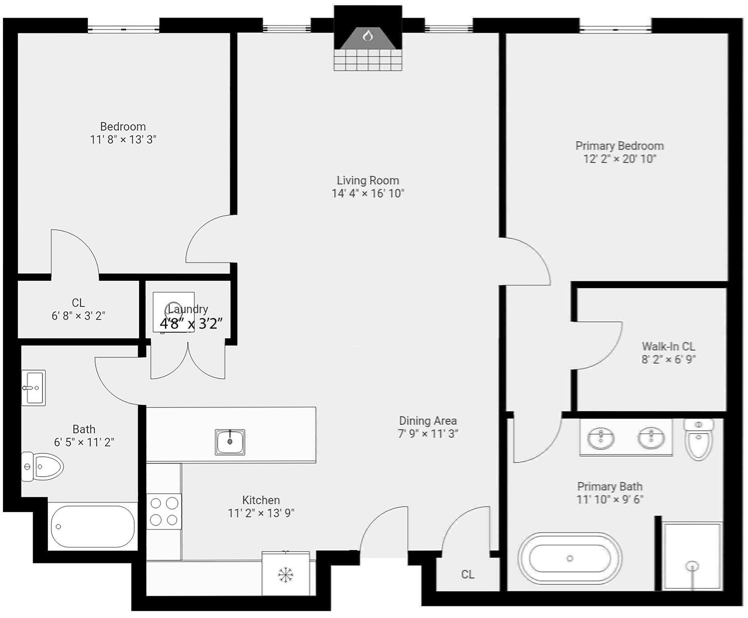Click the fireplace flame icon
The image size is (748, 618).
(368, 36)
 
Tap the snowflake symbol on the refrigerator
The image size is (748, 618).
(285, 575)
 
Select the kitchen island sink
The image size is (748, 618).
(230, 442)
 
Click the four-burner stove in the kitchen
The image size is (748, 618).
(164, 511)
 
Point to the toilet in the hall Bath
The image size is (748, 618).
(42, 467)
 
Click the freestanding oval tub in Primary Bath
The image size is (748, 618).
(569, 558)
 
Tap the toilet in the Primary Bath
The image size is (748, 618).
(698, 440)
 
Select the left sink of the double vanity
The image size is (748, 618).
(601, 437)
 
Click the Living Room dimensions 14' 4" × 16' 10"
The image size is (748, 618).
(368, 194)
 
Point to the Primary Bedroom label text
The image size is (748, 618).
(619, 146)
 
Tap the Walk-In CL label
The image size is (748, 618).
(668, 346)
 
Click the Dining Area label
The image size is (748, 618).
(428, 421)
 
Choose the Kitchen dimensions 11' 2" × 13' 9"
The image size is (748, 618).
(261, 513)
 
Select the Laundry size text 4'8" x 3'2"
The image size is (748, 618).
(191, 323)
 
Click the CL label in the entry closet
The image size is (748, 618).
(467, 574)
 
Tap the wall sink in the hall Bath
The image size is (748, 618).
(33, 388)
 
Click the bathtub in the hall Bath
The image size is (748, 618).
(93, 526)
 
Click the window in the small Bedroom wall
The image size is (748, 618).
(123, 29)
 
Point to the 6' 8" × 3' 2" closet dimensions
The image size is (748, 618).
(78, 316)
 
